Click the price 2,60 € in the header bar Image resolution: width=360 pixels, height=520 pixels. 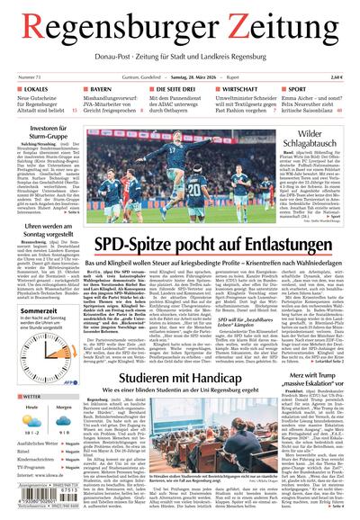(x=337, y=78)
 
